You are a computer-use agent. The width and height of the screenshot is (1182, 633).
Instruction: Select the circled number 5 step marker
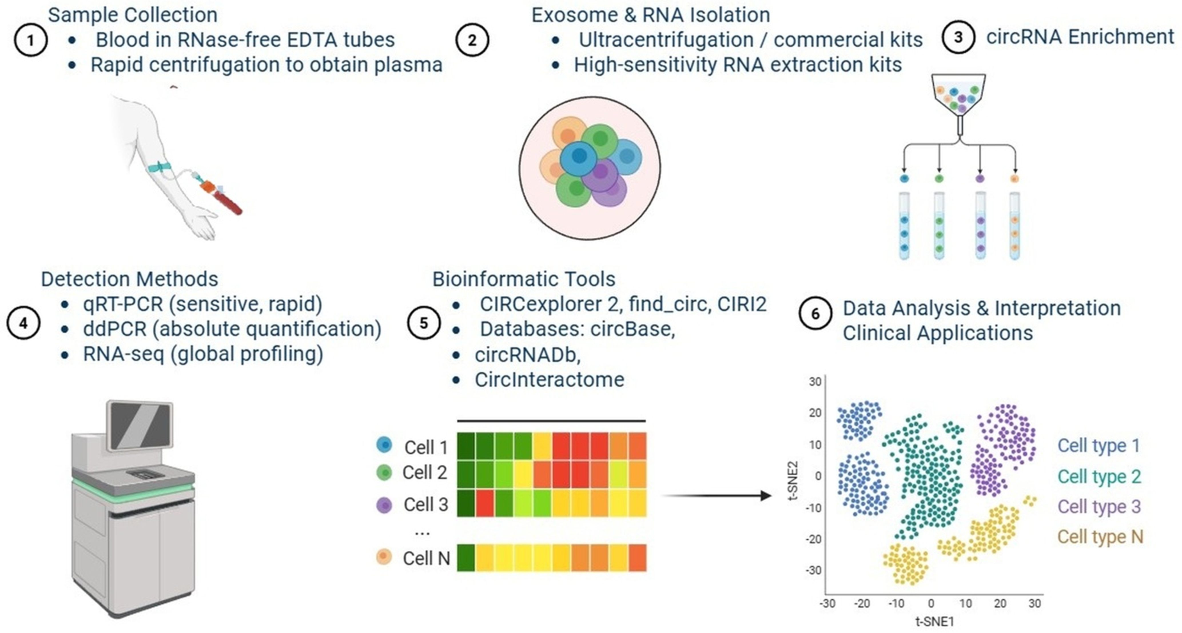[423, 323]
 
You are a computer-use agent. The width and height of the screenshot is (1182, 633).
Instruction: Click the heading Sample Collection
[133, 15]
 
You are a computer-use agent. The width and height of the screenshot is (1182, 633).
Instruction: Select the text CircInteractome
[549, 380]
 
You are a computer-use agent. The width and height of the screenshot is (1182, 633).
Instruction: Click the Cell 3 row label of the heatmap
[425, 504]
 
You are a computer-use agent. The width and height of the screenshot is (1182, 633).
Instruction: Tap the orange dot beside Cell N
[384, 557]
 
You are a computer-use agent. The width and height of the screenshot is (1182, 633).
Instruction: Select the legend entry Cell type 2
[1099, 476]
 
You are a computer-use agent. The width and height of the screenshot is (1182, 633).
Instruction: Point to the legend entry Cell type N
[1100, 537]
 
